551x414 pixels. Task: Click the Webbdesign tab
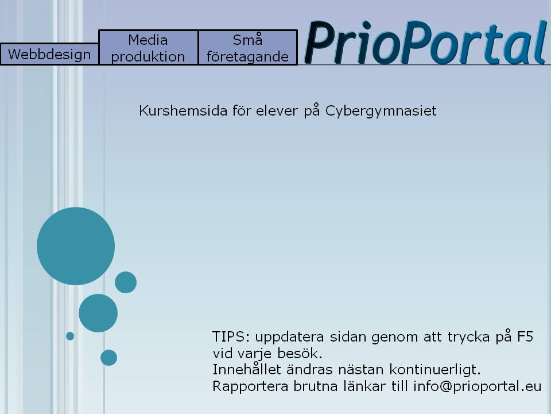[49, 54]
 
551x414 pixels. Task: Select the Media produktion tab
[149, 48]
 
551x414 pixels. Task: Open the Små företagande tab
[248, 48]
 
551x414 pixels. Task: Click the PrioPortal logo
[426, 42]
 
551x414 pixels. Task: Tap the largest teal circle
[76, 246]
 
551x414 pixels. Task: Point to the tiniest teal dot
[70, 336]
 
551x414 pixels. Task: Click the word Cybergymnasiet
[381, 111]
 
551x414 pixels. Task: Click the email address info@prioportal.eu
[477, 386]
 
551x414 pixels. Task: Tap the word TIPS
[231, 337]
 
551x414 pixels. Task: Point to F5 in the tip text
[525, 337]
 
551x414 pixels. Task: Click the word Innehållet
[247, 369]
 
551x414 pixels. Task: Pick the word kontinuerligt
[434, 370]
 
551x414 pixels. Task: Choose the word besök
[300, 353]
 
